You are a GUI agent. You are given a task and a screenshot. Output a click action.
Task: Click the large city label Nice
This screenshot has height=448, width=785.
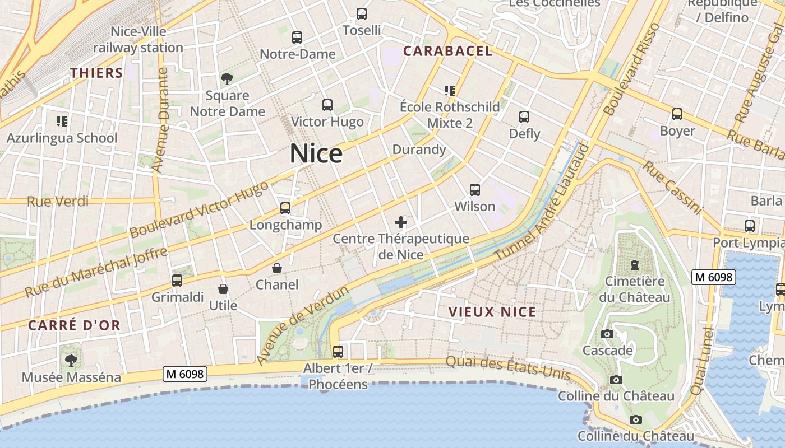point(316,153)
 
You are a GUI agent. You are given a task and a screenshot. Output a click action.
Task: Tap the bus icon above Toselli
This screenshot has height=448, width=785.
point(362,13)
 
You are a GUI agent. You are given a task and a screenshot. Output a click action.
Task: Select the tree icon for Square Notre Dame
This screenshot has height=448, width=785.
point(227,78)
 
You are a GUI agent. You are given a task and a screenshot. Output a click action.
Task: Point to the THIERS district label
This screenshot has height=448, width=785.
point(96,73)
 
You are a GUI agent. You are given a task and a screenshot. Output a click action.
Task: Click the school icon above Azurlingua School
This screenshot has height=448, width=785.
point(62,121)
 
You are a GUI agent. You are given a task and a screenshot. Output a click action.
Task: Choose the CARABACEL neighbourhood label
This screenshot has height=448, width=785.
point(447,51)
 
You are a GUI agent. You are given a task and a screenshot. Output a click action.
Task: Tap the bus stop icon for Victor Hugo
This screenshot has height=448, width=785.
point(327,105)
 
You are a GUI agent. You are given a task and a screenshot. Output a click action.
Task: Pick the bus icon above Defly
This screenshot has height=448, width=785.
point(524,117)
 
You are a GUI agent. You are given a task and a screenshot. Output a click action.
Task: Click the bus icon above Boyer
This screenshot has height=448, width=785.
point(677,114)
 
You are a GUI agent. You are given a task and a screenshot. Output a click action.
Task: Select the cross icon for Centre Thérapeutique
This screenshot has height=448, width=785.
point(401,222)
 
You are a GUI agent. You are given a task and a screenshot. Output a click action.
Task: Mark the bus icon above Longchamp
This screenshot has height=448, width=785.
point(285,208)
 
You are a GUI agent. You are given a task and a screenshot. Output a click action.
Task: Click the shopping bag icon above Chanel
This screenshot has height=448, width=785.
point(277,268)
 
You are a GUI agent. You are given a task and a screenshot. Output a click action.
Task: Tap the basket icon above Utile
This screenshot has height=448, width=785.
point(223,289)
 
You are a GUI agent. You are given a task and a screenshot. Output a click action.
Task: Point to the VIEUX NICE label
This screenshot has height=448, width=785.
point(492,312)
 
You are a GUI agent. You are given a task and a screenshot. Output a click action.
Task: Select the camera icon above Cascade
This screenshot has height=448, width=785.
point(607,334)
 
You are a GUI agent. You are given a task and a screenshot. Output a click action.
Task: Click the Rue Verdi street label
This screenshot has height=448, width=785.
point(58,201)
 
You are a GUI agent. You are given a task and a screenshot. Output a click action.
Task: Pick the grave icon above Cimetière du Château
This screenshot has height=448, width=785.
point(635,264)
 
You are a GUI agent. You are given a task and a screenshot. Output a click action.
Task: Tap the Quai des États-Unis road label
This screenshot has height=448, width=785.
point(508,368)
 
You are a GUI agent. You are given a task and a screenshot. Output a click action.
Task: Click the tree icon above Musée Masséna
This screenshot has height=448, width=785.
point(71,360)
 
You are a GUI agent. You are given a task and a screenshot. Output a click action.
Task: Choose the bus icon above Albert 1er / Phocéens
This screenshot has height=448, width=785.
point(338,352)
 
